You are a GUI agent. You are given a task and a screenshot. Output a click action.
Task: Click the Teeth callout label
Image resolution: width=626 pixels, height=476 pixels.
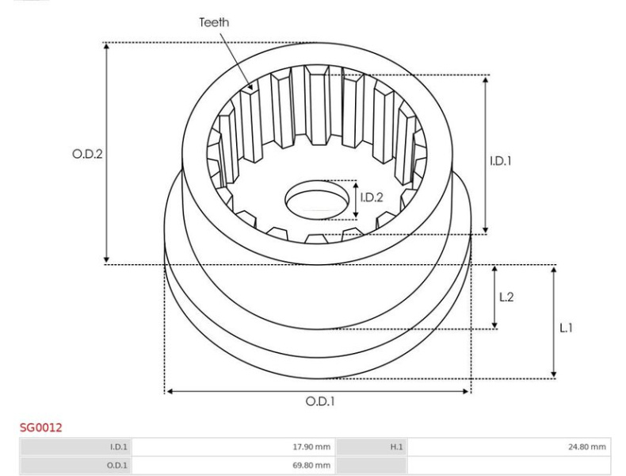(214, 22)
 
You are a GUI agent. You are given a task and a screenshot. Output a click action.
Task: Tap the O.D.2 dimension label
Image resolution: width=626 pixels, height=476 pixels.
(87, 153)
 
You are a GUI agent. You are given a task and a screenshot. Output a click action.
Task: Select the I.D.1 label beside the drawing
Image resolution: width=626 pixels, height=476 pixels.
(501, 161)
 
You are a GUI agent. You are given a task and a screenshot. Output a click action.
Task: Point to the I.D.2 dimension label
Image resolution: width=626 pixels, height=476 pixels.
(372, 197)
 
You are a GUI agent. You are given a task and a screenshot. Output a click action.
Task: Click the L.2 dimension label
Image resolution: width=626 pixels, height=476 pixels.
(506, 297)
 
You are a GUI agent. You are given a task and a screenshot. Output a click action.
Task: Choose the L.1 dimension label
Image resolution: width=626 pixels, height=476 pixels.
(566, 328)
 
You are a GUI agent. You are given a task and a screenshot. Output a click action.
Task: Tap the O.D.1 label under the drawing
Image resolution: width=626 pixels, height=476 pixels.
(320, 401)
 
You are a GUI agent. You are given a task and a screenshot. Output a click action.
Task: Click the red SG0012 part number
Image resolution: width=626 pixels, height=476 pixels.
(41, 428)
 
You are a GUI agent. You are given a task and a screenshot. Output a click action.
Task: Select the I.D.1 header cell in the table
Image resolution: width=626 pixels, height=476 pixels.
(75, 447)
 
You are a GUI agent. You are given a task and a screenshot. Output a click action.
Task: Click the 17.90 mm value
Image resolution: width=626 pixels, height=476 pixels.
(311, 447)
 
